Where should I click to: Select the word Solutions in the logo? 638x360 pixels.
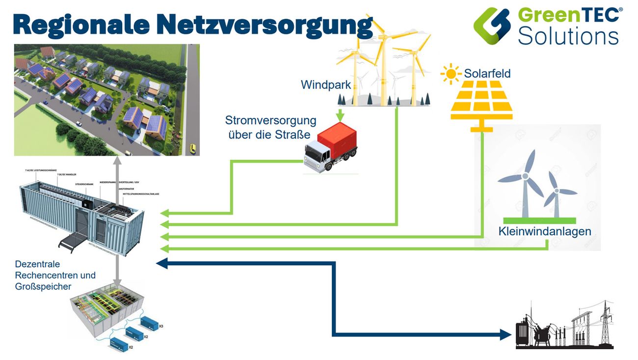(568, 36)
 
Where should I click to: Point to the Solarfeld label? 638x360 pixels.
(487, 74)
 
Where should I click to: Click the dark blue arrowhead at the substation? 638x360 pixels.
(506, 335)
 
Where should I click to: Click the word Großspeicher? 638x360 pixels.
(43, 286)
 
